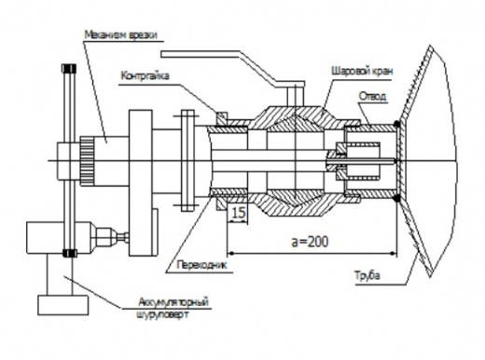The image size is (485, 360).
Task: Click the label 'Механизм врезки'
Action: (120, 35)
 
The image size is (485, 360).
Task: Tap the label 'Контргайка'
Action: (145, 76)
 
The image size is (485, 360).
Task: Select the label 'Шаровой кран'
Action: (362, 71)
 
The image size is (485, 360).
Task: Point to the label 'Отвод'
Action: (372, 96)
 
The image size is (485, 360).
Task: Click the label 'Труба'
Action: (367, 275)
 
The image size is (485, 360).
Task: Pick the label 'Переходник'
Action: (201, 265)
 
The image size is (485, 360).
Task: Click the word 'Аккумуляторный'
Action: (173, 302)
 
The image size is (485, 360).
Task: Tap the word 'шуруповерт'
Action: (162, 314)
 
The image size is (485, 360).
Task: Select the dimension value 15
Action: (239, 213)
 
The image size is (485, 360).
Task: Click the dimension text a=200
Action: (310, 242)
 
